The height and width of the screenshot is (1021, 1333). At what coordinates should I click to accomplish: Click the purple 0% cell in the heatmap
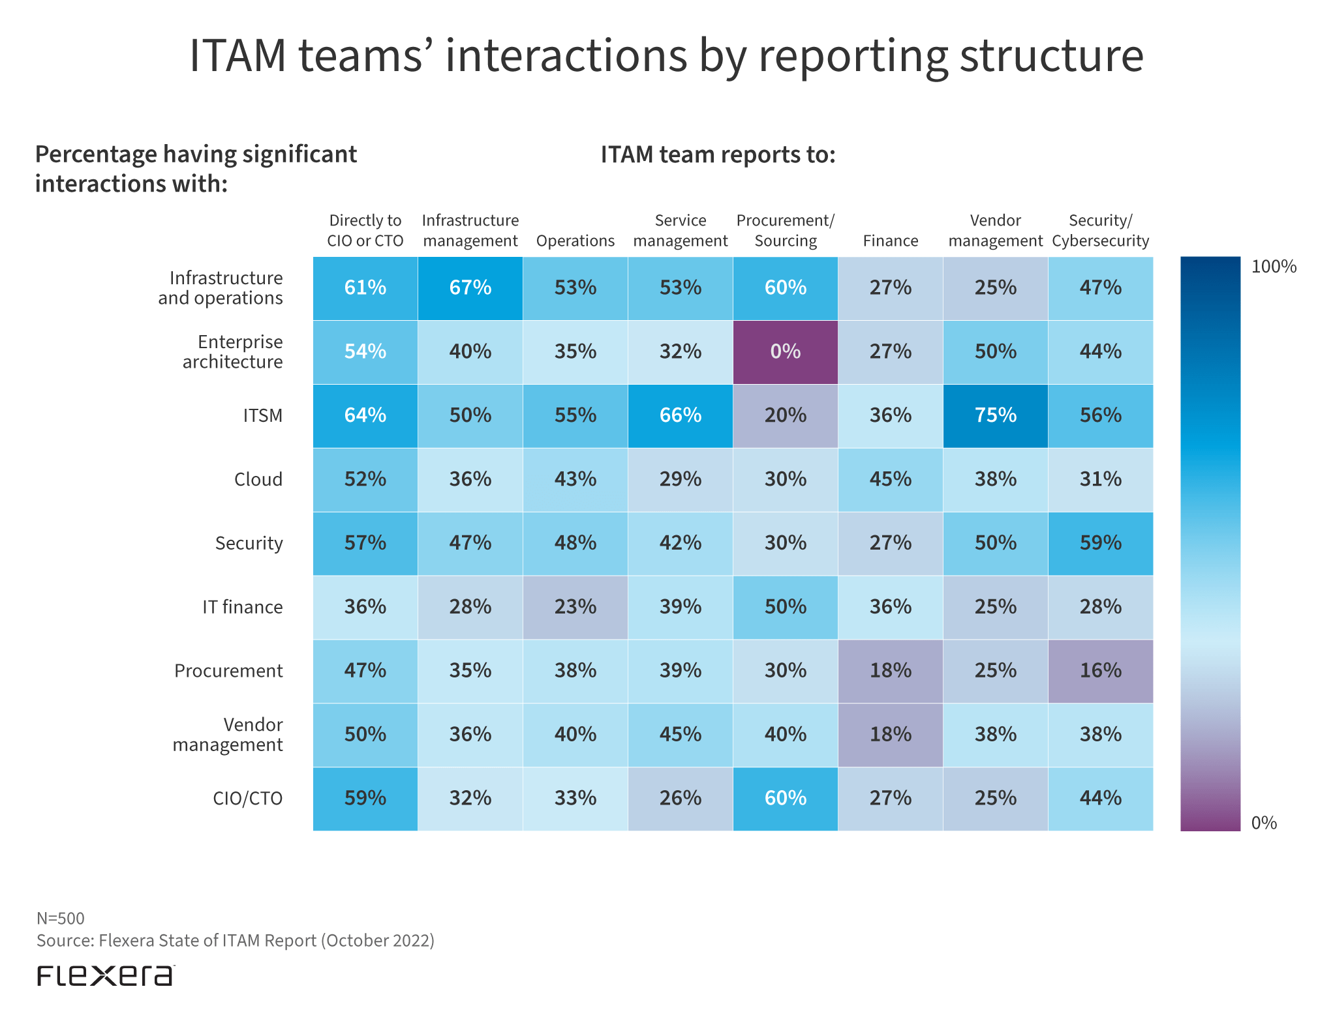click(x=785, y=352)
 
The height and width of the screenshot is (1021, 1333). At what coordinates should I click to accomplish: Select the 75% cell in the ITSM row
click(x=995, y=416)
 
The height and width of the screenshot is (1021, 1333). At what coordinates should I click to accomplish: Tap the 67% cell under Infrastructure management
click(x=470, y=288)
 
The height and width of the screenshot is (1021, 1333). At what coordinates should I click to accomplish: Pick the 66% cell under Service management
click(x=680, y=416)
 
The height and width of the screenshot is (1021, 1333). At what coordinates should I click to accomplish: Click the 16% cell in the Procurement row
click(x=1100, y=671)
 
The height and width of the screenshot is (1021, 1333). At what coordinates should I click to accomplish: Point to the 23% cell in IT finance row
click(x=575, y=607)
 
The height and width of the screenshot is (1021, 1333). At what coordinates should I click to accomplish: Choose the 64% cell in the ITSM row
click(x=365, y=416)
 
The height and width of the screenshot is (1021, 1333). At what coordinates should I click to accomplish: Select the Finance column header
click(x=890, y=241)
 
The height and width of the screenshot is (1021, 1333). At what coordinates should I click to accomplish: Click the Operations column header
click(x=575, y=241)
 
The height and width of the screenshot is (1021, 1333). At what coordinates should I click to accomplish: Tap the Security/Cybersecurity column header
click(x=1100, y=231)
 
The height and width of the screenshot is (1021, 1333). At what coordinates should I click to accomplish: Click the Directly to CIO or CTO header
click(x=365, y=231)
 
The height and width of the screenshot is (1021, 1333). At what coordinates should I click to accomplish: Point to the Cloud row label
click(x=258, y=480)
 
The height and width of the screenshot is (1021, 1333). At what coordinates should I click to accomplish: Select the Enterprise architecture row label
click(x=233, y=352)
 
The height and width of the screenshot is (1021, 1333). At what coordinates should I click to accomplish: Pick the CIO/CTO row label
click(x=247, y=799)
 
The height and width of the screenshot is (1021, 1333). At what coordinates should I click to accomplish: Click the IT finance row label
click(x=242, y=607)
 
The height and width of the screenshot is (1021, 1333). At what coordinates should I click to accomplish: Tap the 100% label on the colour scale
click(x=1273, y=267)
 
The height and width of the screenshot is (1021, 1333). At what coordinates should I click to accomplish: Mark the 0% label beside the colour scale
click(x=1264, y=823)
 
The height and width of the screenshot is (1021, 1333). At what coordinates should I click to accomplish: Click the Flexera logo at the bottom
click(x=105, y=975)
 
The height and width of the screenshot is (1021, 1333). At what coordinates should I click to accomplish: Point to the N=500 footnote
click(x=61, y=919)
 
